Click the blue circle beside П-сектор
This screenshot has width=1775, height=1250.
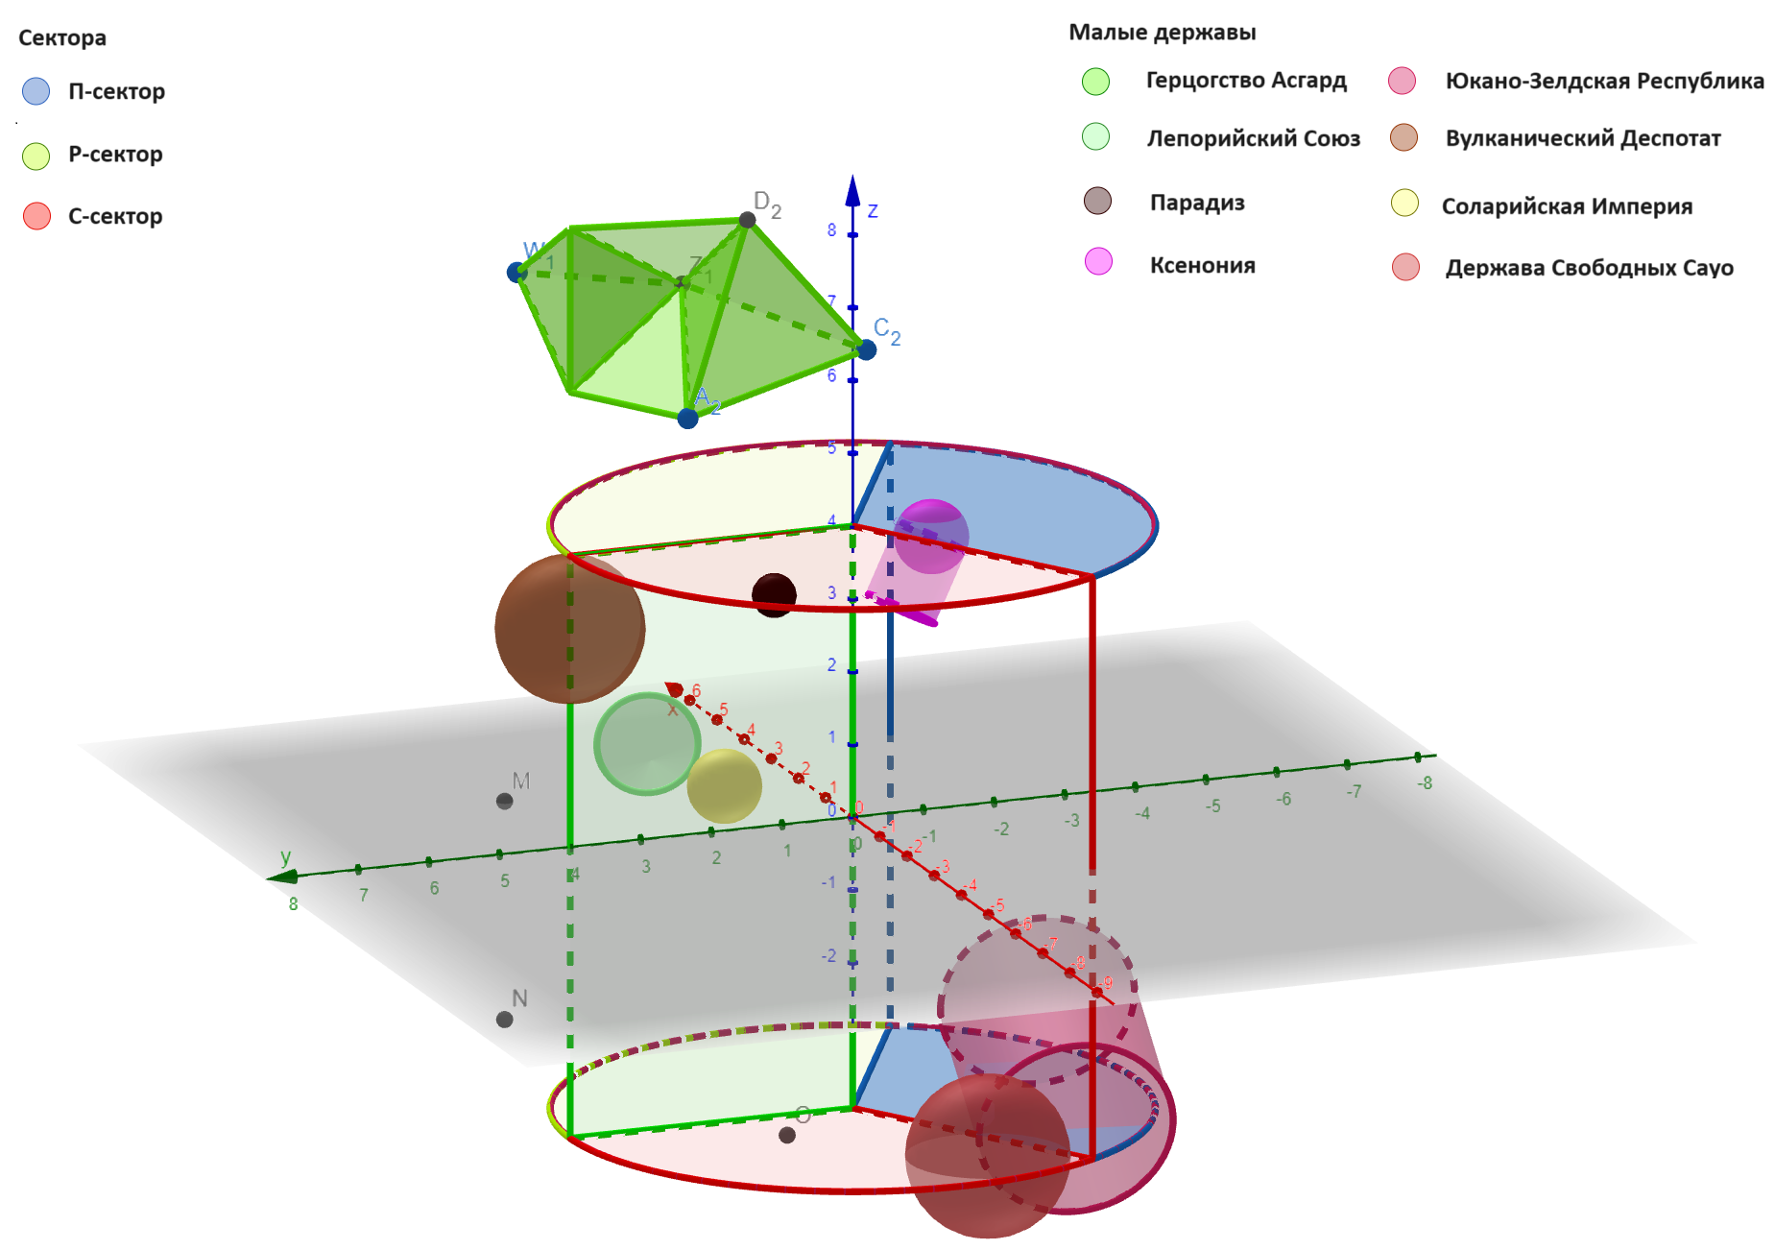[x=36, y=91]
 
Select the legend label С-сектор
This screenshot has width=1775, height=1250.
[x=115, y=217]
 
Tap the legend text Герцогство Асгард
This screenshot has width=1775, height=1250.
[x=1246, y=81]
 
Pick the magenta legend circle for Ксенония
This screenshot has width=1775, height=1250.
[x=1098, y=262]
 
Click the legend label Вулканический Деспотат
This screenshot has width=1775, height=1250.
[x=1583, y=138]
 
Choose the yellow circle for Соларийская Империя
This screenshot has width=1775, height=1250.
[x=1404, y=204]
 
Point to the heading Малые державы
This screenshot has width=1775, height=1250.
[x=1162, y=33]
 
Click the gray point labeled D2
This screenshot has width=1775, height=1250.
[x=747, y=220]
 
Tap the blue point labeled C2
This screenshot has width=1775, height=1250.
[x=866, y=350]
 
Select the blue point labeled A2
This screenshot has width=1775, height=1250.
[x=687, y=419]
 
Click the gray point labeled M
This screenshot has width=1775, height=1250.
[x=504, y=801]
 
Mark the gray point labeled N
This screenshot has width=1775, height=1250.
[x=504, y=1020]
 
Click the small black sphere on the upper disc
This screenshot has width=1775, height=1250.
[x=774, y=594]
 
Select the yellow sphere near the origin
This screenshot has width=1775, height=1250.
[x=725, y=785]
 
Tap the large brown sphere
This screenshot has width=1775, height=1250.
[x=569, y=629]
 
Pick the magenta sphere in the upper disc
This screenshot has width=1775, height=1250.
[x=930, y=534]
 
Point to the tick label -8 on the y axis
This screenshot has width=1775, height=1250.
[x=1425, y=783]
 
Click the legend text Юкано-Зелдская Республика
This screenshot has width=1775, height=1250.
[x=1604, y=82]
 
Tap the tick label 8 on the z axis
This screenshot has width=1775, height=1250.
[x=831, y=230]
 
